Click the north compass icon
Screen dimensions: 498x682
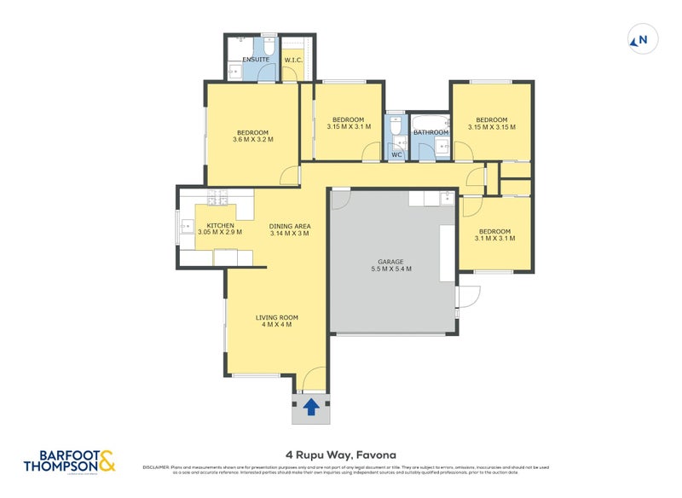coord(639,39)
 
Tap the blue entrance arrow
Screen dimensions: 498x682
coord(313,407)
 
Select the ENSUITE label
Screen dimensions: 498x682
coord(256,60)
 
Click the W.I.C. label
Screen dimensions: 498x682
coord(295,60)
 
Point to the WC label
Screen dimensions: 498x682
coord(396,154)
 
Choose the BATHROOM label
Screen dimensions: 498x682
coord(431,132)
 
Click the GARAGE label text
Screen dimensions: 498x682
coord(390,262)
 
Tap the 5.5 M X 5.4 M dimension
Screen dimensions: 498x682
coord(390,269)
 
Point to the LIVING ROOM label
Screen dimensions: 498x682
coord(277,317)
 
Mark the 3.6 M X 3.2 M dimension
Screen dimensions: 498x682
coord(253,140)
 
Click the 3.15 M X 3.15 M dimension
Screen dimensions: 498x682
coord(491,127)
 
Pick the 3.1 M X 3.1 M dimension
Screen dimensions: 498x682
coord(494,239)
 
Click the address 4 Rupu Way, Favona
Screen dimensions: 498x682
coord(341,455)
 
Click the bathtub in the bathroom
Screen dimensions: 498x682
coord(430,120)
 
